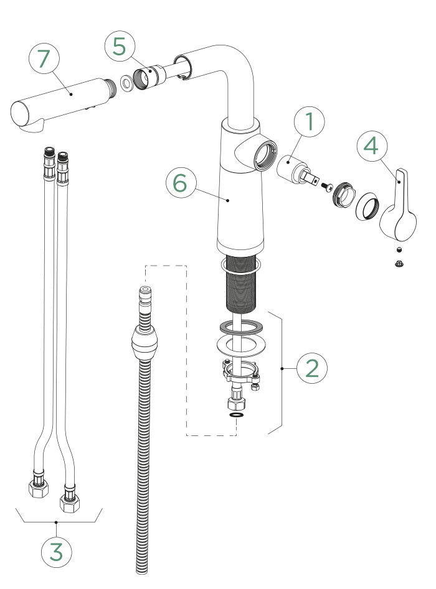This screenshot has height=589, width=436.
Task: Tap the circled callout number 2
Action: click(x=311, y=368)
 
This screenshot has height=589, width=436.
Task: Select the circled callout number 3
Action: click(x=56, y=551)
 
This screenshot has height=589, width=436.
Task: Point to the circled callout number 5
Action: click(x=119, y=46)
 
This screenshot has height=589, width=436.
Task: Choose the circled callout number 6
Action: click(x=180, y=183)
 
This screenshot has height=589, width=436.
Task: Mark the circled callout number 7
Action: click(x=43, y=59)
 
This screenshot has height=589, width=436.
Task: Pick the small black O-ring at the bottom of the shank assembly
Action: click(x=236, y=415)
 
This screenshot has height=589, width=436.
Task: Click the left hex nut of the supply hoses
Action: click(x=39, y=486)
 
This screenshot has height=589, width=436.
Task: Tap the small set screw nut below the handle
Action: click(x=399, y=264)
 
